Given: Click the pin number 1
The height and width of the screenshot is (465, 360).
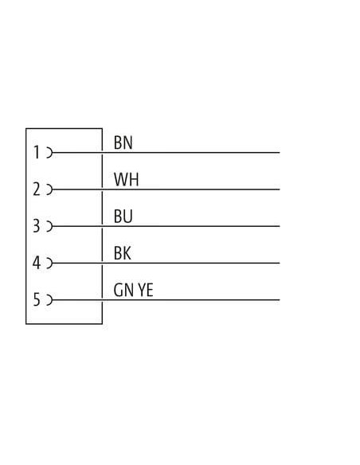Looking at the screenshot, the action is click(x=37, y=152).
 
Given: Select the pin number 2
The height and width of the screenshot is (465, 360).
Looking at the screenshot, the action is click(x=37, y=190).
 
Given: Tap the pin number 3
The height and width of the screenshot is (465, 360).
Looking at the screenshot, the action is click(x=37, y=226).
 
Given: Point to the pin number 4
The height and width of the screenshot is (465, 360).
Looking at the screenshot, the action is click(x=37, y=263).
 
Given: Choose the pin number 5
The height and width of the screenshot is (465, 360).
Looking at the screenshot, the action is click(x=37, y=299).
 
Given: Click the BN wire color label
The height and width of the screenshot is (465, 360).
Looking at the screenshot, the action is click(x=123, y=143).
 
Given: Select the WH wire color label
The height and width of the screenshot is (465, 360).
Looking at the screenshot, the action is click(x=127, y=179).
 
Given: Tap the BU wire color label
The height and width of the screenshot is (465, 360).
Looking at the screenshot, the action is click(x=123, y=217).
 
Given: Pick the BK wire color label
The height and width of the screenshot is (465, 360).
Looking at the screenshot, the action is click(x=122, y=253).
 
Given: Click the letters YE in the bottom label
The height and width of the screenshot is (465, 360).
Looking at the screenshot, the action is click(x=146, y=290).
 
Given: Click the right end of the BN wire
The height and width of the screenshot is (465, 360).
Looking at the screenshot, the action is click(x=280, y=152).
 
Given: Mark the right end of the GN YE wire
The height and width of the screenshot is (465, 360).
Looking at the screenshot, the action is click(x=280, y=300).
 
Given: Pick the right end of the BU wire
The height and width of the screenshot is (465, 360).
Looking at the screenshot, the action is click(x=280, y=226).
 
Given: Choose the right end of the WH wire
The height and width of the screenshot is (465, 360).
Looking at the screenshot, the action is click(x=280, y=190).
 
